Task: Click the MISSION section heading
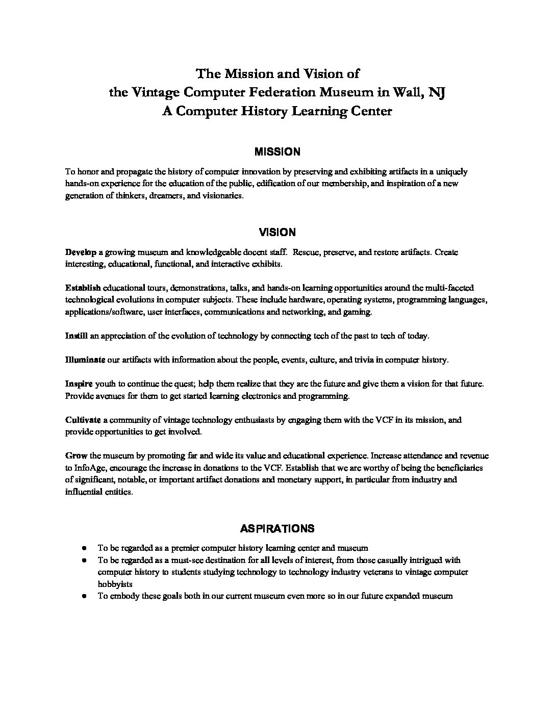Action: tap(277, 152)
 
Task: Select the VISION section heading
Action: tap(277, 233)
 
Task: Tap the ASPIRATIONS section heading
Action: tap(277, 528)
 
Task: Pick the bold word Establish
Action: tap(83, 288)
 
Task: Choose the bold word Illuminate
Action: tap(85, 360)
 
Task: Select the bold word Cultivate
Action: tap(83, 420)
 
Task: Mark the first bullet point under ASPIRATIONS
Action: tap(83, 549)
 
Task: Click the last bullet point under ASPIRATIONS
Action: tap(83, 596)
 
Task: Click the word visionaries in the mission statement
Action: tap(220, 196)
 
